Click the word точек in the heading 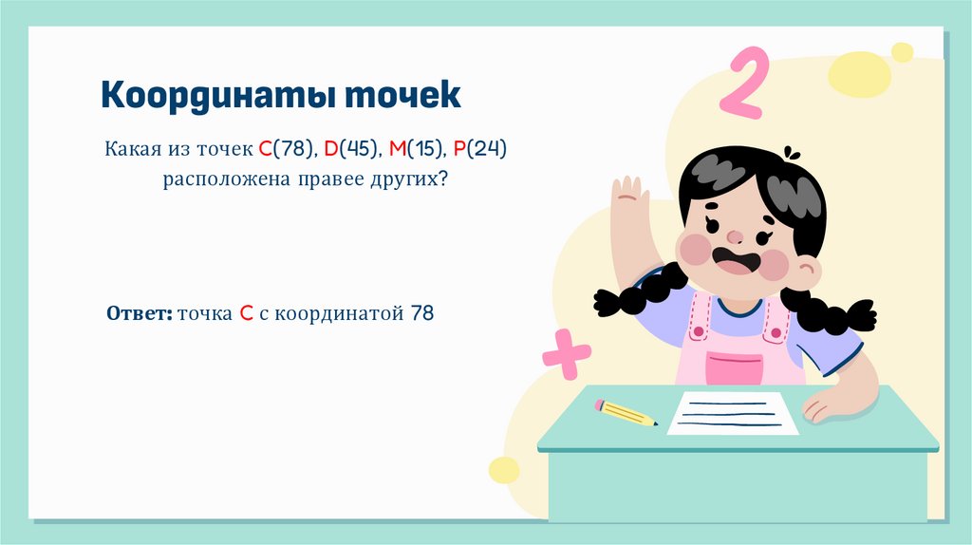402,95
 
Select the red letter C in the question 264,149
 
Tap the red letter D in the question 331,149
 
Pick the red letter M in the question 398,149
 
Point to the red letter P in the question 459,149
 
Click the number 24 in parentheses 488,149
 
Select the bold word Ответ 139,312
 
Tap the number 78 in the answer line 421,312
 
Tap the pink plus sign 566,354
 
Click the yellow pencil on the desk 626,412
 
